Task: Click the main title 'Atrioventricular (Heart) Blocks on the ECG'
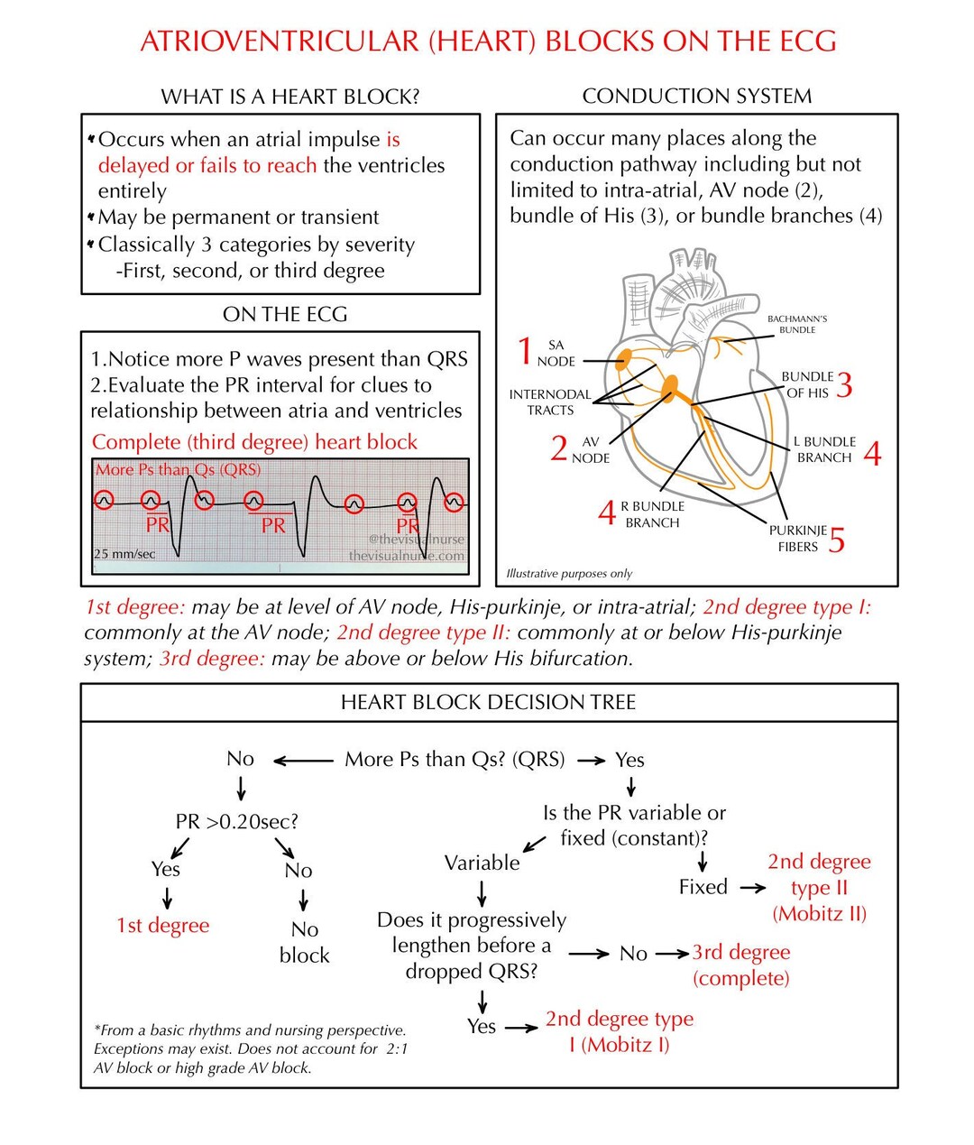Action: pos(488,42)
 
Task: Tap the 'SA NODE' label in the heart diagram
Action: pos(556,353)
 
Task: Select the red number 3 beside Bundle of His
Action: pos(844,385)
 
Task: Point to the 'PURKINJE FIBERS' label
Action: pos(797,539)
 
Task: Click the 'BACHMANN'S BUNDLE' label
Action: pos(797,324)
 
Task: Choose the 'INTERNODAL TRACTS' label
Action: pos(550,402)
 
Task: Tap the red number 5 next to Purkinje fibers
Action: pos(837,540)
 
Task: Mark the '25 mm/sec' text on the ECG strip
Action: pos(124,553)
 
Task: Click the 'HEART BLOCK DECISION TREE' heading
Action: pos(488,702)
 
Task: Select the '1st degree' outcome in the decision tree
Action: pos(162,926)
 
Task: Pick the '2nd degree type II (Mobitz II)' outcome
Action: pos(819,888)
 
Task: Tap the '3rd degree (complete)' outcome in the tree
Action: pos(740,965)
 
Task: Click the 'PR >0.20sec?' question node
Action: pos(236,822)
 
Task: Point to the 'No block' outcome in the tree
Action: pos(304,942)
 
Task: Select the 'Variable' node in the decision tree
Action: pos(482,863)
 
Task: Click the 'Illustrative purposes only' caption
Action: pos(569,573)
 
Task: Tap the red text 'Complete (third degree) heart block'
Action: pos(254,442)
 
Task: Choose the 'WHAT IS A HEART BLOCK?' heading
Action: pos(289,97)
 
